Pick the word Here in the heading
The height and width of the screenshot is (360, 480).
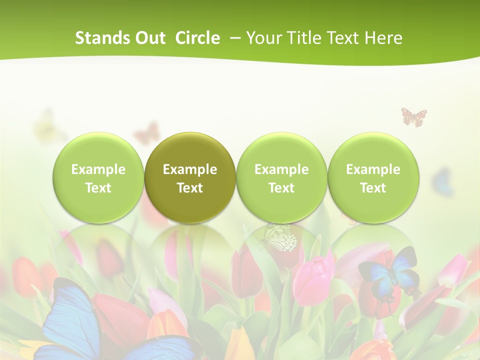383,38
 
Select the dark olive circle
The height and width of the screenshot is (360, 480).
190,178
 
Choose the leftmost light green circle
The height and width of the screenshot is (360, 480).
98,178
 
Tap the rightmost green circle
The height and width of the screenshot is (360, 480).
373,178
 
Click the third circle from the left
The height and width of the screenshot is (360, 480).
281,178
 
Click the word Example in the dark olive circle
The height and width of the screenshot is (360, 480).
190,169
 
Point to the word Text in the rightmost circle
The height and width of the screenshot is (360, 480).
373,188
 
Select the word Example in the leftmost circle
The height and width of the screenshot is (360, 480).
98,169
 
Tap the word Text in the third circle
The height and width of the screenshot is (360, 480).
281,188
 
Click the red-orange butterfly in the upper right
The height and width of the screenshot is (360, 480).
414,117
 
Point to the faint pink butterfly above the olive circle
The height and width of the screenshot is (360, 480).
146,133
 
